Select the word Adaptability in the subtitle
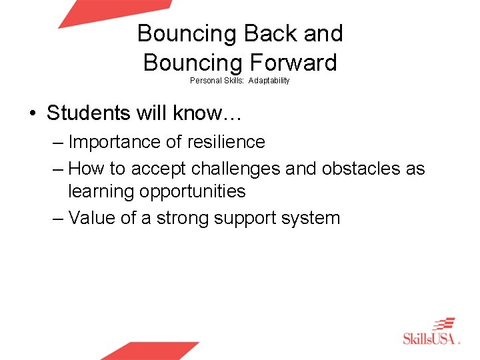click(x=269, y=81)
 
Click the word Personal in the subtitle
click(x=203, y=81)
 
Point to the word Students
click(x=87, y=113)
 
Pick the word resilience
click(x=230, y=142)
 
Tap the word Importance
click(x=112, y=142)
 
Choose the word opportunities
click(x=193, y=191)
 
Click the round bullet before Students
click(x=33, y=113)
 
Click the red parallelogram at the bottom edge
click(x=150, y=351)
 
